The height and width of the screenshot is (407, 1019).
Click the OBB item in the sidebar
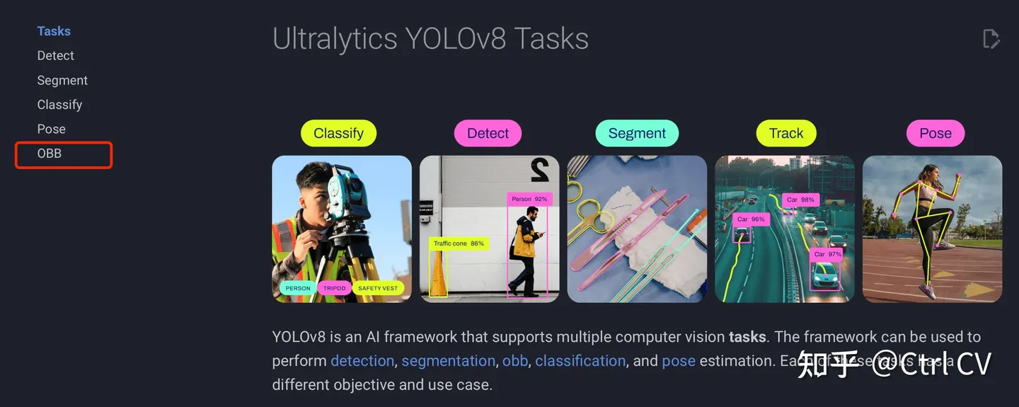pyautogui.click(x=50, y=154)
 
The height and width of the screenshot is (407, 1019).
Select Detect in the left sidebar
pyautogui.click(x=56, y=56)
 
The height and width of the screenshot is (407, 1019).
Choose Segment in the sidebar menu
pyautogui.click(x=62, y=81)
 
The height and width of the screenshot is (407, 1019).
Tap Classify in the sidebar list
pyautogui.click(x=59, y=105)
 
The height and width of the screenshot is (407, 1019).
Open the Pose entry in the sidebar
pyautogui.click(x=51, y=130)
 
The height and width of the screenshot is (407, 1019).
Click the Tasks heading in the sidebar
pyautogui.click(x=54, y=31)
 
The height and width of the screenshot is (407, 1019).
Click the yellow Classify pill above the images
pyautogui.click(x=338, y=133)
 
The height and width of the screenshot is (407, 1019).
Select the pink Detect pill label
pyautogui.click(x=488, y=133)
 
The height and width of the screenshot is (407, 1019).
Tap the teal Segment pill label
pyautogui.click(x=637, y=133)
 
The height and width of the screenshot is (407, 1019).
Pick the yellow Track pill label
pyautogui.click(x=786, y=133)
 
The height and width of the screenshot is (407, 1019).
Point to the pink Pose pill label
pyautogui.click(x=935, y=133)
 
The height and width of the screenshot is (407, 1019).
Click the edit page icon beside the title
pyautogui.click(x=991, y=39)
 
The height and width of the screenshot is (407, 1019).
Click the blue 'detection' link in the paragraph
pyautogui.click(x=362, y=361)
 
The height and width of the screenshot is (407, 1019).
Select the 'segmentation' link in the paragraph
pyautogui.click(x=448, y=361)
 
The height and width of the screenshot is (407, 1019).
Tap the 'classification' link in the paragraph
pyautogui.click(x=580, y=361)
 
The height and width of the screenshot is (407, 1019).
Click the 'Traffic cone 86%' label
pyautogui.click(x=459, y=243)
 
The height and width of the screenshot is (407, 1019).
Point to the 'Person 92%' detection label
pyautogui.click(x=529, y=200)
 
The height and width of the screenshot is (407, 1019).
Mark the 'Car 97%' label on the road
pyautogui.click(x=827, y=254)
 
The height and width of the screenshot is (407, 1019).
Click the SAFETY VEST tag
pyautogui.click(x=378, y=288)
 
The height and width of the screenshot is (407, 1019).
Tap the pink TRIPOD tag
pyautogui.click(x=335, y=288)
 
